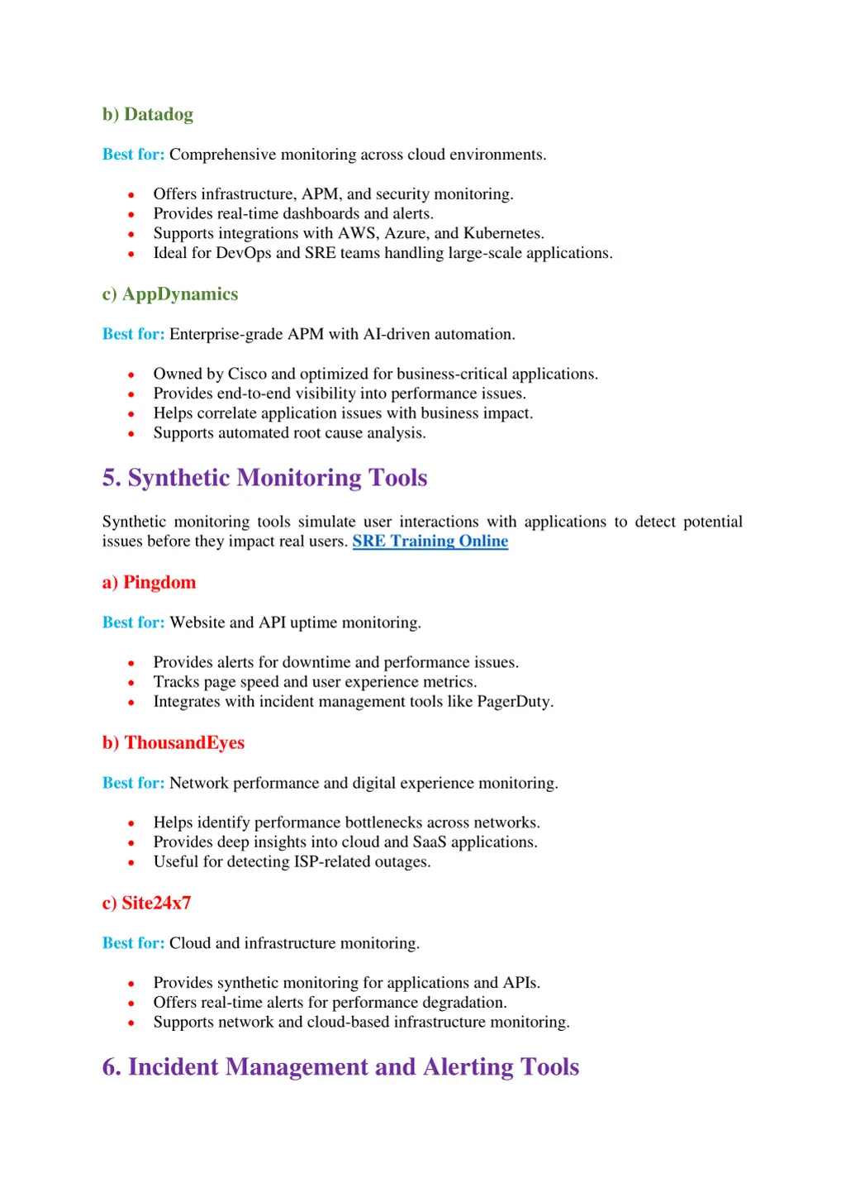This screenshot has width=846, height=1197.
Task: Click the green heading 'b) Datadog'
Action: point(148,115)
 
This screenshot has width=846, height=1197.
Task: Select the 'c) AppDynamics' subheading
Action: point(170,295)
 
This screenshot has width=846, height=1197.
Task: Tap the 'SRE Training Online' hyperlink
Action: point(430,541)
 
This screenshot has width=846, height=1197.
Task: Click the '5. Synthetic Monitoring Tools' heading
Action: point(264,479)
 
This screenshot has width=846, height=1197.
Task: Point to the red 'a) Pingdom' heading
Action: point(150,583)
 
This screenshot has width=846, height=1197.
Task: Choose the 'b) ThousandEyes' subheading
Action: point(173,743)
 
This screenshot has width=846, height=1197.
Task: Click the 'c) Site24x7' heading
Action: point(147,904)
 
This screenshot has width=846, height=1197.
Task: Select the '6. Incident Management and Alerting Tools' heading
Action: point(340,1068)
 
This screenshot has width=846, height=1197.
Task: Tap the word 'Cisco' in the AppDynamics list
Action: point(247,374)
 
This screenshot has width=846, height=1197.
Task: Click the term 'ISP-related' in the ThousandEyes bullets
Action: point(332,862)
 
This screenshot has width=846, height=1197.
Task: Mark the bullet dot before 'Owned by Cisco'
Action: point(131,375)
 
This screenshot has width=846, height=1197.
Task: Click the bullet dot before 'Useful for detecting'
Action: point(131,863)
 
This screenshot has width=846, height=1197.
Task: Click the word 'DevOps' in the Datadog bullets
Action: point(244,254)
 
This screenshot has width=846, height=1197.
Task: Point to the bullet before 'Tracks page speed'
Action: point(131,683)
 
